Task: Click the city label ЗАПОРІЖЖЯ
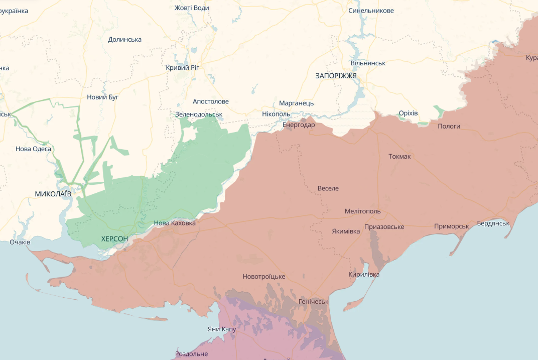336,76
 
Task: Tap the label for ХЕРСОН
114,238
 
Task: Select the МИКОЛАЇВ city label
53,193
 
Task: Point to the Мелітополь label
362,211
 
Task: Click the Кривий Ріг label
183,67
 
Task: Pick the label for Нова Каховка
175,223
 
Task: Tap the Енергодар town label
299,125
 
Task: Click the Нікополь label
276,114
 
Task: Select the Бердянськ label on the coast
493,223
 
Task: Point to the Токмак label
399,157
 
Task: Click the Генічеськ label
313,302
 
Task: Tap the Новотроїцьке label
263,277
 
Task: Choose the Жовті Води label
192,8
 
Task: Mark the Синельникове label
371,11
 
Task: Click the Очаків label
20,243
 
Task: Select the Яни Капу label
221,329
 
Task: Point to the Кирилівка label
364,275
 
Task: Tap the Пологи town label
449,127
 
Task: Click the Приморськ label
451,226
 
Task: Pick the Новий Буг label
102,97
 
